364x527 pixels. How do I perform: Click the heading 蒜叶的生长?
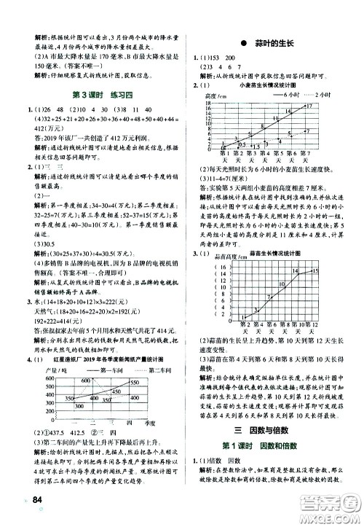[269, 44]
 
